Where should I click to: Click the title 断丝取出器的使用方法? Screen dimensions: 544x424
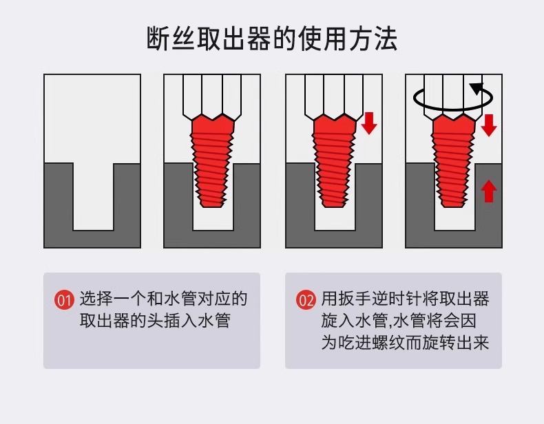(x=272, y=39)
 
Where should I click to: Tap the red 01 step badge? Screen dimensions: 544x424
(x=64, y=300)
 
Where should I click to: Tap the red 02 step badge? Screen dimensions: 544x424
(x=305, y=300)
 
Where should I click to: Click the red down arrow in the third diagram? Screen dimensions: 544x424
(x=370, y=123)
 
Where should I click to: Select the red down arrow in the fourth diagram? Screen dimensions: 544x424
(x=489, y=124)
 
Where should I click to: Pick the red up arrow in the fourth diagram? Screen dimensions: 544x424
(x=489, y=190)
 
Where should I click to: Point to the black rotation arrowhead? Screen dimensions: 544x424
(x=476, y=88)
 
